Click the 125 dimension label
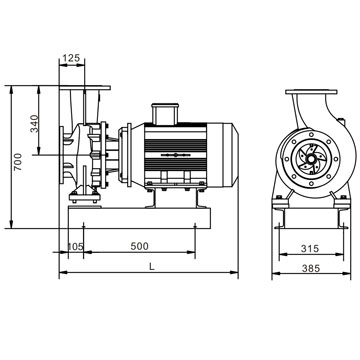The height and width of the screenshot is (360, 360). pos(72,58)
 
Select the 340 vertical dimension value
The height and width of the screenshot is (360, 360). pos(35,123)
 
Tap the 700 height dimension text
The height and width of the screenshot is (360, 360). pos(18,162)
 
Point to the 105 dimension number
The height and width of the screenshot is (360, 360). pos(75,247)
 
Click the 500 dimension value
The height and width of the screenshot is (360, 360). pos(139,246)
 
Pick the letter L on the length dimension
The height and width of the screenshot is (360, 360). pos(152,267)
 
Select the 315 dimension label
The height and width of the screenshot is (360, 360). pos(310,249)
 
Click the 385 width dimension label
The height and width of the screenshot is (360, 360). pos(311,268)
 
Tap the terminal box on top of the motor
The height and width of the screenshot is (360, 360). pos(165,114)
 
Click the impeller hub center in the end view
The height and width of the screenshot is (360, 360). pos(311,159)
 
